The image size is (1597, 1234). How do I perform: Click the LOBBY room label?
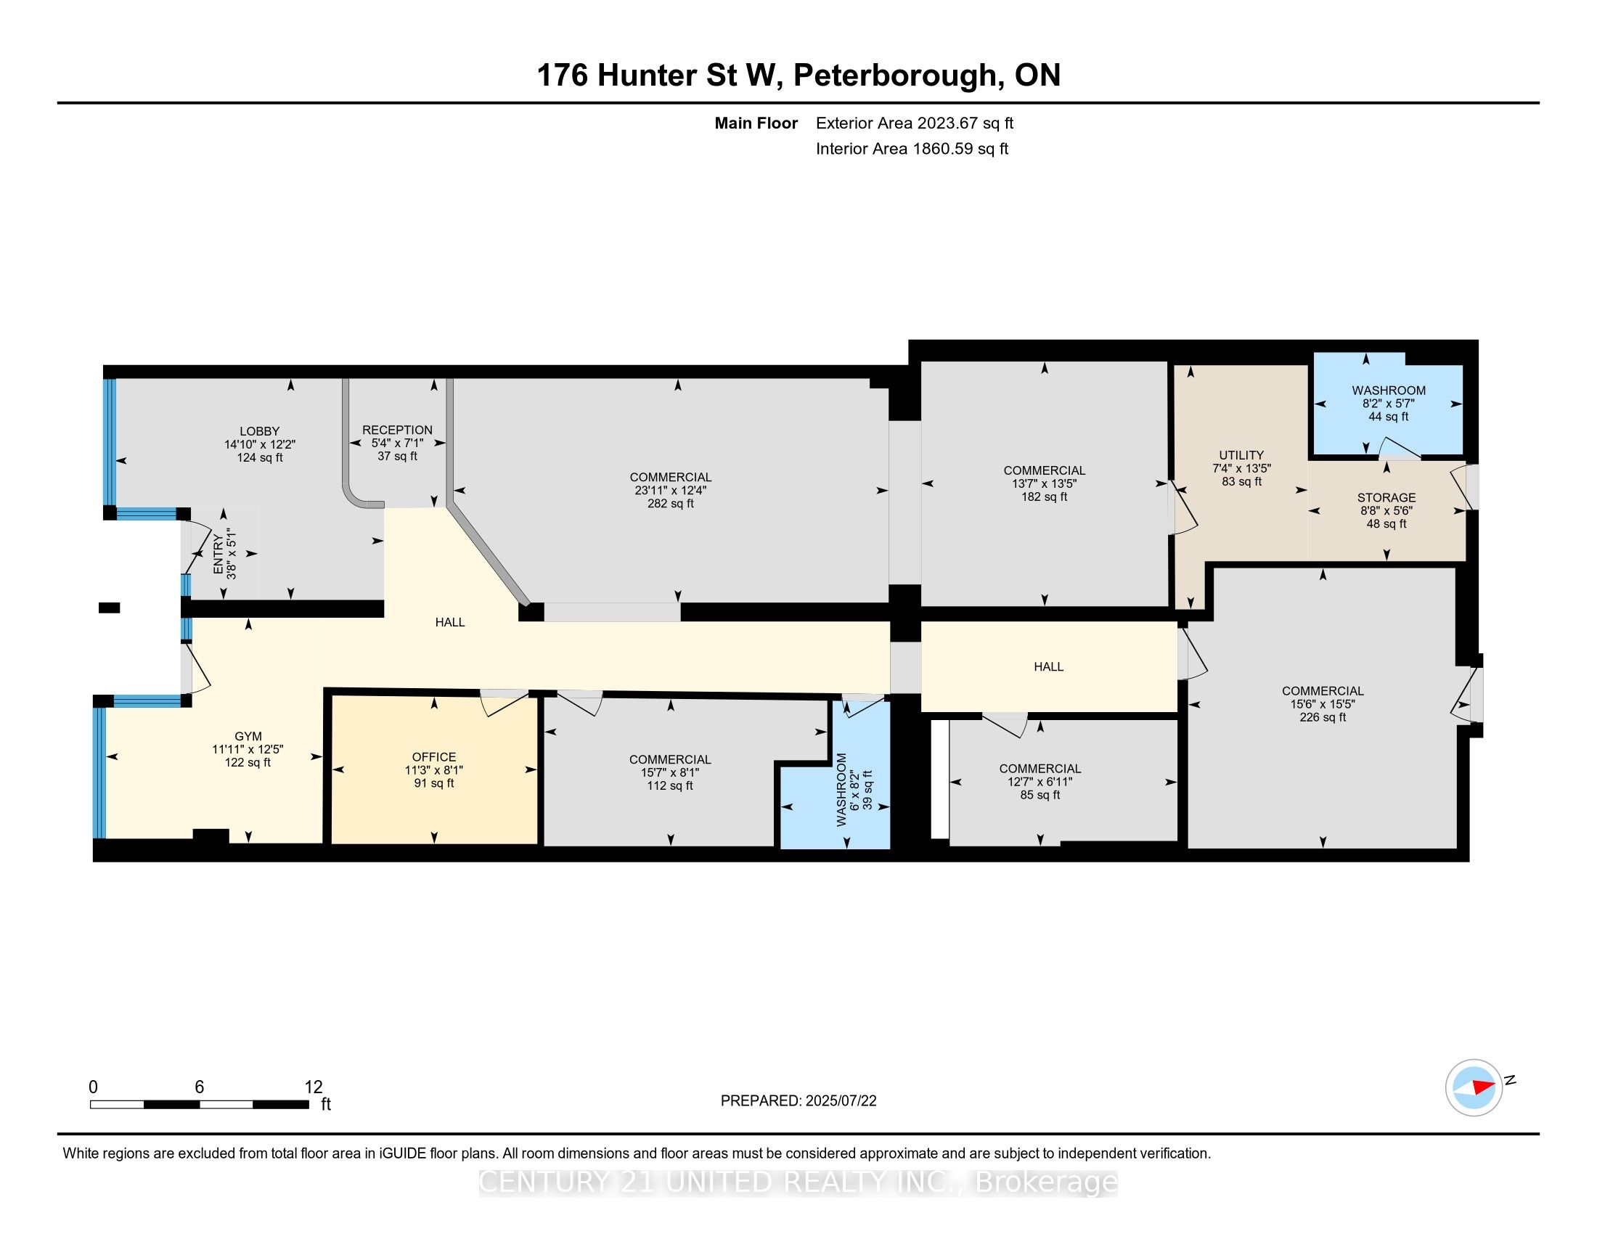point(260,431)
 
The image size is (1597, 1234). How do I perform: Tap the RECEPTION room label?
point(397,430)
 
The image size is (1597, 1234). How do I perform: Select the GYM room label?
point(248,736)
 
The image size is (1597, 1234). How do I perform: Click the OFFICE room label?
point(434,756)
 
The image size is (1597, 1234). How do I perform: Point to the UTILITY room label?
point(1241,454)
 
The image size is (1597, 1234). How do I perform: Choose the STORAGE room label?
point(1386,498)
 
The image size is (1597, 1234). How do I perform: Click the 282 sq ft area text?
point(671,504)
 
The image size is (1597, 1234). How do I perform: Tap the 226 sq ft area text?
point(1323,717)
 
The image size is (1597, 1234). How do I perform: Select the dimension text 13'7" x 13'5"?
point(1044,483)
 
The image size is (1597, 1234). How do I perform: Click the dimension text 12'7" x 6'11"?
point(1040,782)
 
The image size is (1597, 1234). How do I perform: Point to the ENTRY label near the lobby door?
point(217,554)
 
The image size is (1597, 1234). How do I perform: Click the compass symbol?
point(1474,1087)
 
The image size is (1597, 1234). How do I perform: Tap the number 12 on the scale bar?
point(314,1087)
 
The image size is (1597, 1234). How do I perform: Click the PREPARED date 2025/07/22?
point(841,1101)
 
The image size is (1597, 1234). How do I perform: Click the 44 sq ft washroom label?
point(1389,417)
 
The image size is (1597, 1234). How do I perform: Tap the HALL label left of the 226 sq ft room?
point(1049,666)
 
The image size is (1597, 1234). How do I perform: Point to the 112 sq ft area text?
point(670,786)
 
